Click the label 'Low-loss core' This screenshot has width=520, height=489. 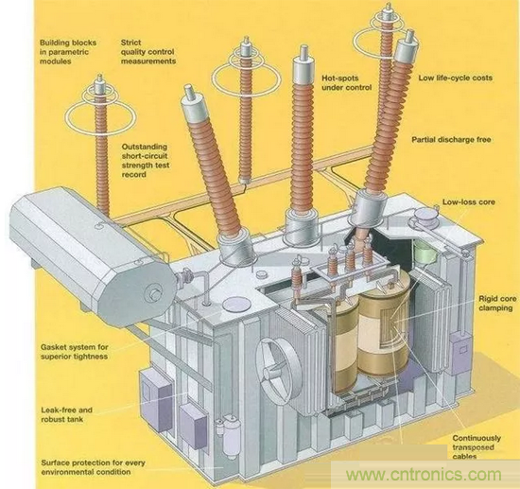[469, 202]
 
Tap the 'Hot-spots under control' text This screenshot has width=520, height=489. [346, 83]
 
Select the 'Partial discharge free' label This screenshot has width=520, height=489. [451, 140]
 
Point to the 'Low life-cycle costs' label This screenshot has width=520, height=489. [455, 78]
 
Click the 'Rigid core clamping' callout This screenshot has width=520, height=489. [497, 304]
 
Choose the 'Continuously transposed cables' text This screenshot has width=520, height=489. [477, 447]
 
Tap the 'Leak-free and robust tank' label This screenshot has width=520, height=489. [66, 414]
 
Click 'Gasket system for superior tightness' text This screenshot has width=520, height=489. [75, 352]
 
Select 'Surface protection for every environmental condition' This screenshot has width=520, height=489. [94, 467]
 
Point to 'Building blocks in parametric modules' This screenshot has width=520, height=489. [68, 52]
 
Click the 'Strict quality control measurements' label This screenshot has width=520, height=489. [148, 52]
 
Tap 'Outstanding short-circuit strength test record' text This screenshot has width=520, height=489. [146, 161]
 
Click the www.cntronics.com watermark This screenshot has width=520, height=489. [424, 475]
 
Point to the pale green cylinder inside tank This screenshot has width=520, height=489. [425, 253]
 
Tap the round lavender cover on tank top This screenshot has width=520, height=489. [235, 305]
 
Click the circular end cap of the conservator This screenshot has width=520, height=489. [155, 293]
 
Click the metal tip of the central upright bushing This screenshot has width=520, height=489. [303, 52]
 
